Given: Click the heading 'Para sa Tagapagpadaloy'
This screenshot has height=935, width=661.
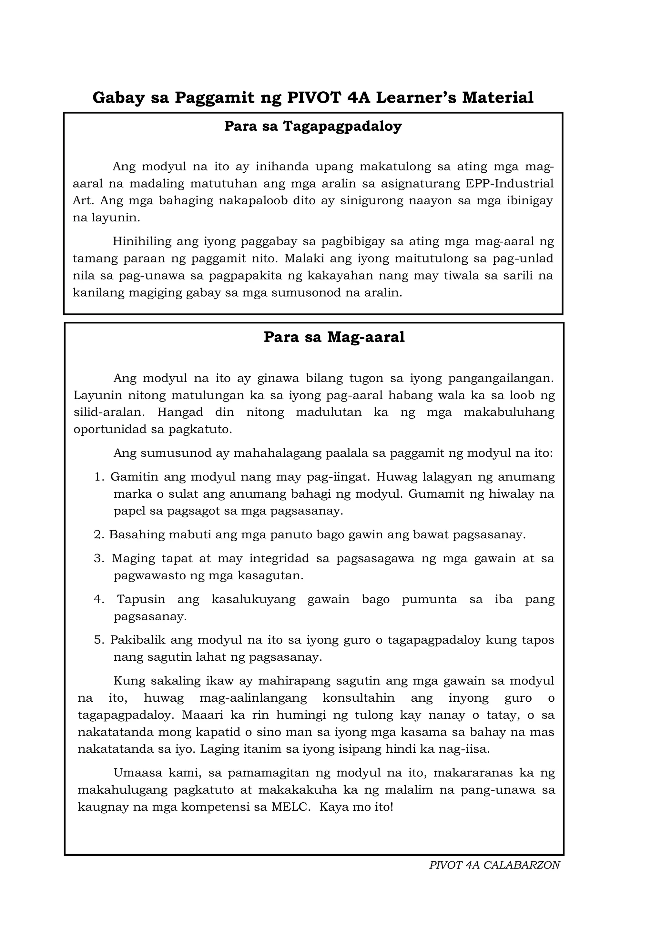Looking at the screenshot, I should point(313,127).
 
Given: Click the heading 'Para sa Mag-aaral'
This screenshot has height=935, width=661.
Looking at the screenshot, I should point(334,338).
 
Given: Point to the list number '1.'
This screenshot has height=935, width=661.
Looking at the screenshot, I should point(100,477).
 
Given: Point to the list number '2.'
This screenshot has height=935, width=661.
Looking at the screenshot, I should point(99,535).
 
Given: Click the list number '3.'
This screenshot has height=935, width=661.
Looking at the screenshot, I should point(99,558).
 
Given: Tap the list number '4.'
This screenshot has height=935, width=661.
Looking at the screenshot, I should point(99,599).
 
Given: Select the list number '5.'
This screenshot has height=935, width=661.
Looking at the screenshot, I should point(99,640).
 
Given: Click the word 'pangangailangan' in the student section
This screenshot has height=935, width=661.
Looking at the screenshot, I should point(501,379).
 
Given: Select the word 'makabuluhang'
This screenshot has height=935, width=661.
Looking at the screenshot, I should point(509,412).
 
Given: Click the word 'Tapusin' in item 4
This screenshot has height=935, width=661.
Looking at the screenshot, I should point(141,599).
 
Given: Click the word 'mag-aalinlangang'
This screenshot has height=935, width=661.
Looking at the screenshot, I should point(253,698).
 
